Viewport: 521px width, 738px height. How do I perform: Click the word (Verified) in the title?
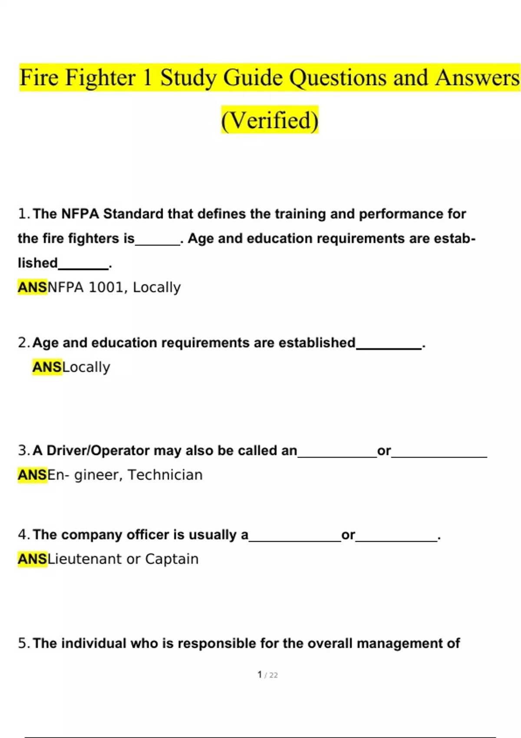270,120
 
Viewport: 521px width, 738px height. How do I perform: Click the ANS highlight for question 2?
47,367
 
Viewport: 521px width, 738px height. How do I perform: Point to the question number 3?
23,451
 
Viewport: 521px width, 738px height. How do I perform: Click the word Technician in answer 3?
165,475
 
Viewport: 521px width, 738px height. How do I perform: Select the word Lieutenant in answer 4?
85,559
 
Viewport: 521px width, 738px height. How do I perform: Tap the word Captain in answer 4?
171,559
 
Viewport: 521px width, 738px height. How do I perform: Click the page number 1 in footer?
260,675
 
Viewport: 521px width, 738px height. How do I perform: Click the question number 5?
23,643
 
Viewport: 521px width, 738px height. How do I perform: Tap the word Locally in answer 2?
86,367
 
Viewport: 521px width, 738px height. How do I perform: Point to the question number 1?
23,214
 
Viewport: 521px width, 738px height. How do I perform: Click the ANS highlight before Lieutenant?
32,559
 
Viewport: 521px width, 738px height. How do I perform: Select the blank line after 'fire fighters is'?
158,243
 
